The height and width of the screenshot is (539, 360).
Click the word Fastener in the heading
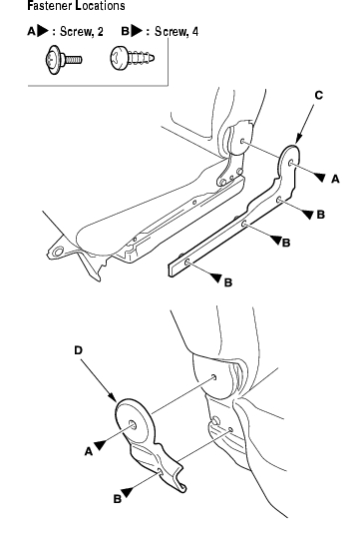(50, 6)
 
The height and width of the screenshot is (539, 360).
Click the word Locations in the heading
(100, 6)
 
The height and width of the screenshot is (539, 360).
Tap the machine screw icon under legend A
(64, 60)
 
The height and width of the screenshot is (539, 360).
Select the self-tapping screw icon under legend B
(133, 59)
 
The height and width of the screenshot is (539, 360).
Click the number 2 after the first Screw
(100, 32)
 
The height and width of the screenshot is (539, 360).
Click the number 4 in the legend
(195, 32)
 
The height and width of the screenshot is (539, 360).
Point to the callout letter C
(319, 95)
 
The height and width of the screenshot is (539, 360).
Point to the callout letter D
(79, 350)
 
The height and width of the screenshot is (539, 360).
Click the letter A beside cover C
(335, 179)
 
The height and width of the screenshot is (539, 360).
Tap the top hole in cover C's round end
(291, 163)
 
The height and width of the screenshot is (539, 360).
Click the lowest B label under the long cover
(228, 282)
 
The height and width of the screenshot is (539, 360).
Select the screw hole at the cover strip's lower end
(187, 263)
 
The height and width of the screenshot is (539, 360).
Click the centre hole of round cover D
(133, 425)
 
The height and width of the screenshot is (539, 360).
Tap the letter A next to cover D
(89, 451)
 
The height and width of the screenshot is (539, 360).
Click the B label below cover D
(117, 499)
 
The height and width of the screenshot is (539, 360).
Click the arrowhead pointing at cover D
(114, 397)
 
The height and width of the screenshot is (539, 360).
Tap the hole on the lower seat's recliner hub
(213, 377)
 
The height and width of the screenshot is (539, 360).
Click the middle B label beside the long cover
(286, 243)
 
